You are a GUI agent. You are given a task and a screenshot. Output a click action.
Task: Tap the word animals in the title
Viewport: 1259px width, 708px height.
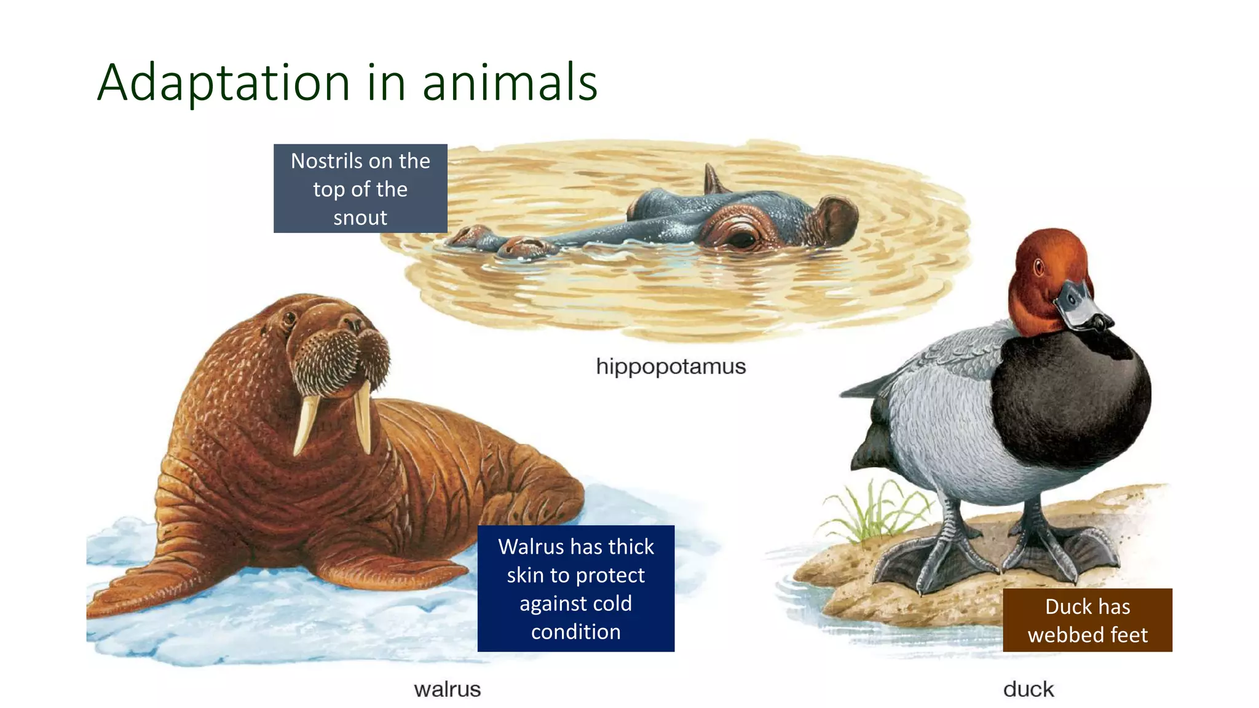coord(510,82)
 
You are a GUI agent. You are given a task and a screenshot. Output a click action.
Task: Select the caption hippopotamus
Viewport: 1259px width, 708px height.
coord(671,366)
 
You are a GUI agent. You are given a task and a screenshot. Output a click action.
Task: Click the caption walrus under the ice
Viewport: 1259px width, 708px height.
coord(447,689)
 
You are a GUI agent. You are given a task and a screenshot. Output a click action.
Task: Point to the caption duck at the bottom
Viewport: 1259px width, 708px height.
coord(1028,689)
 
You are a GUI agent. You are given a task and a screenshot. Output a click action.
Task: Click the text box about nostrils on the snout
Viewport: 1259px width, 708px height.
coord(360,189)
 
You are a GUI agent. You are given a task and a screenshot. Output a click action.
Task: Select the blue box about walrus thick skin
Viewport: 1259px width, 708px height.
coord(575,588)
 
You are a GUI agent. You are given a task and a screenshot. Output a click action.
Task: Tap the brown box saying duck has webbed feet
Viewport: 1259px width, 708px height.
coord(1087,620)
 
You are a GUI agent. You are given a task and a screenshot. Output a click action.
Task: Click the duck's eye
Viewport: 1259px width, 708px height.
coord(1039,267)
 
